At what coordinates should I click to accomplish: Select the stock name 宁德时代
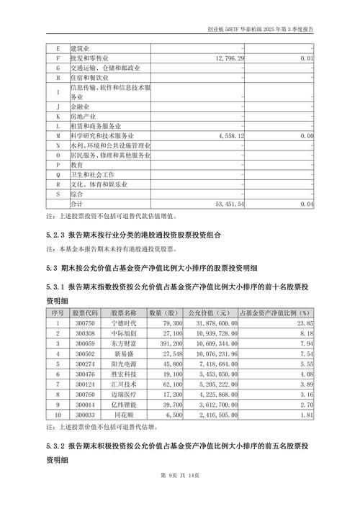[124, 324]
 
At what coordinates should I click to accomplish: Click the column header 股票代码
[86, 313]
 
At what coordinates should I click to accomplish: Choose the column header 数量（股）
[163, 313]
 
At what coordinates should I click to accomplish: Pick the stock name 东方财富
[124, 344]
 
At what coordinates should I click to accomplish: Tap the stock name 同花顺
[124, 415]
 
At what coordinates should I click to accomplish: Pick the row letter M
[58, 135]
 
